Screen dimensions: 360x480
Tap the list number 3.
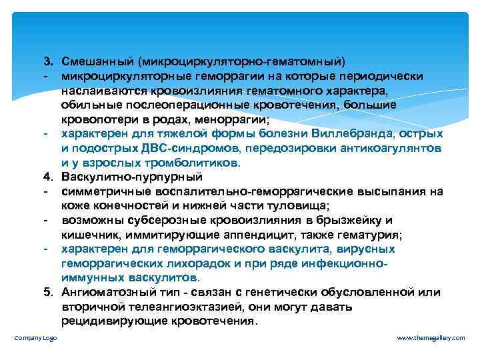pos(48,62)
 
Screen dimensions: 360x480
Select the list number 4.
pos(48,177)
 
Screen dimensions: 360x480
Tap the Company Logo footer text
pos(35,339)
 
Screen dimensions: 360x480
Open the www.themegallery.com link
pos(431,339)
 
